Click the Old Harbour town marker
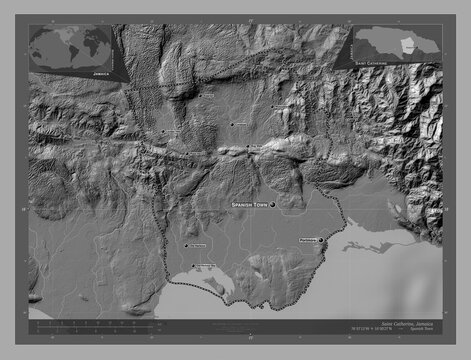pyautogui.click(x=185, y=246)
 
